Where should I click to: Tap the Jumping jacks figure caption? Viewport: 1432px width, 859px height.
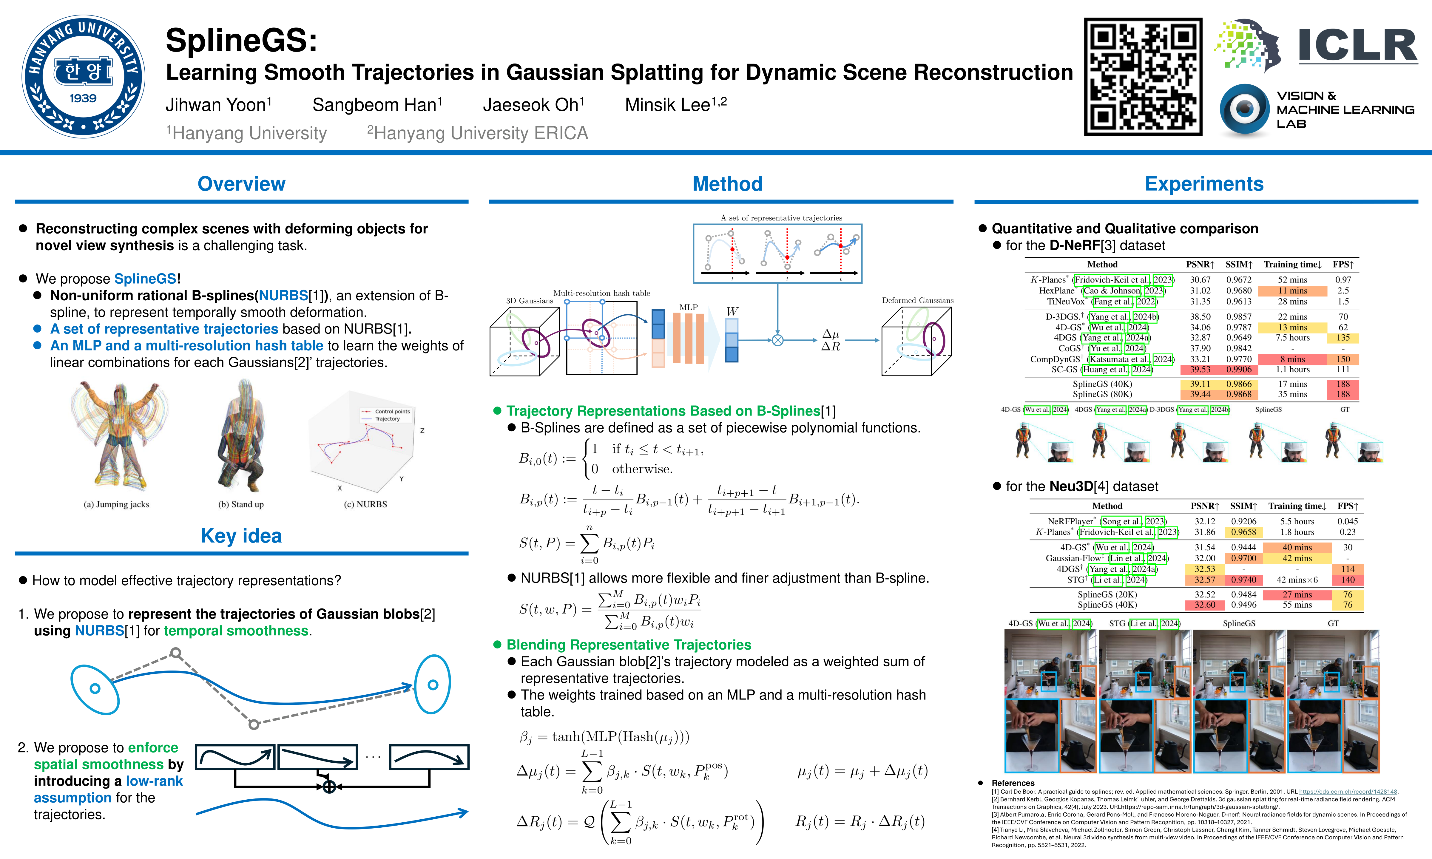(x=116, y=504)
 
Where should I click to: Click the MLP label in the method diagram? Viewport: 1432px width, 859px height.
(x=688, y=307)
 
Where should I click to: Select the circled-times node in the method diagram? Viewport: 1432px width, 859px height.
(x=777, y=340)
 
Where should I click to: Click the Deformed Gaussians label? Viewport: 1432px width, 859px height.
(x=917, y=300)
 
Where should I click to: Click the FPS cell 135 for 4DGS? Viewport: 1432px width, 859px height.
(x=1343, y=337)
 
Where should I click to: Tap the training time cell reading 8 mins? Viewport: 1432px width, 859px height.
(x=1292, y=359)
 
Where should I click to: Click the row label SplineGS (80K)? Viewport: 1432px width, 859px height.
(x=1102, y=394)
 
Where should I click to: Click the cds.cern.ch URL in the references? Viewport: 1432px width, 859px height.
(x=1348, y=791)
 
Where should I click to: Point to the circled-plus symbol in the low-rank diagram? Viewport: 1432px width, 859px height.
(x=329, y=787)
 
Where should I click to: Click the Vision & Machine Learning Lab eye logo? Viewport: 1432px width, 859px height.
(x=1244, y=109)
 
